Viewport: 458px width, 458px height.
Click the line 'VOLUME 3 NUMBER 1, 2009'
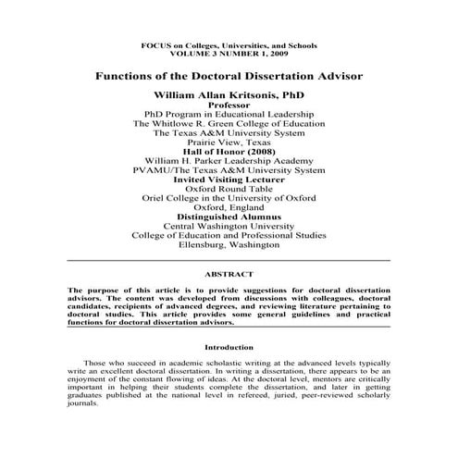229,54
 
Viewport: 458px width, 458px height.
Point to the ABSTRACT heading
229,274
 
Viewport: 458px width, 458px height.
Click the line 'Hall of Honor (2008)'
229,152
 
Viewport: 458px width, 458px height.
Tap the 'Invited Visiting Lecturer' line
229,179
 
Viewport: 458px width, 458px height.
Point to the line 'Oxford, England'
229,208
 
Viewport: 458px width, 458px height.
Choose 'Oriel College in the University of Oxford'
229,198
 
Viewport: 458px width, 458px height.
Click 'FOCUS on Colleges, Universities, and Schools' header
229,44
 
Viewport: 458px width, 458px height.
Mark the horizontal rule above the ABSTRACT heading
229,263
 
